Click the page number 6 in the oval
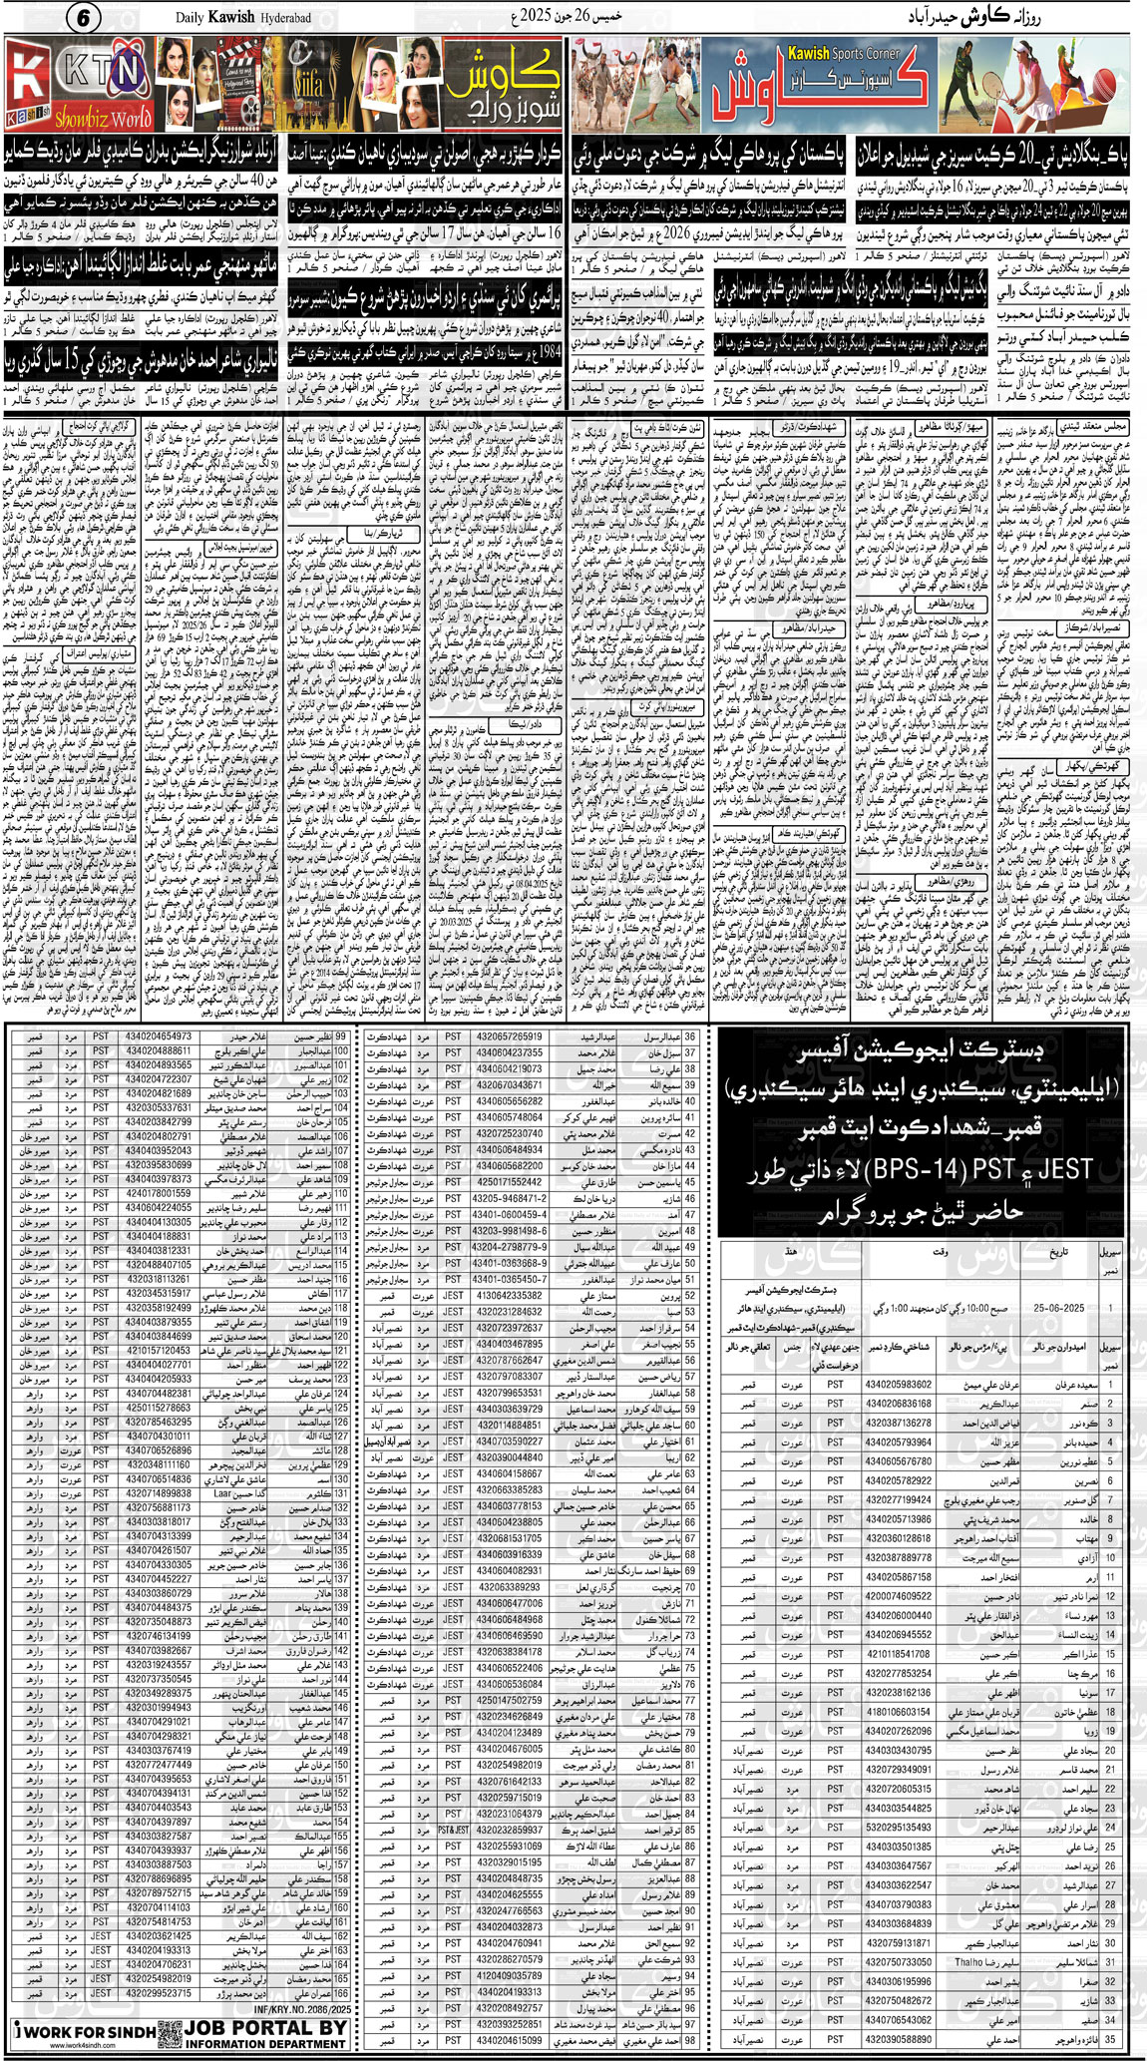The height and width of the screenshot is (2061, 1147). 84,18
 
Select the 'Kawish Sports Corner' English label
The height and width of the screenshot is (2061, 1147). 843,53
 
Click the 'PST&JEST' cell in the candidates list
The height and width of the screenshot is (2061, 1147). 453,1831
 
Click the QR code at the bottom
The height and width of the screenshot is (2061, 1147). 169,2032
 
